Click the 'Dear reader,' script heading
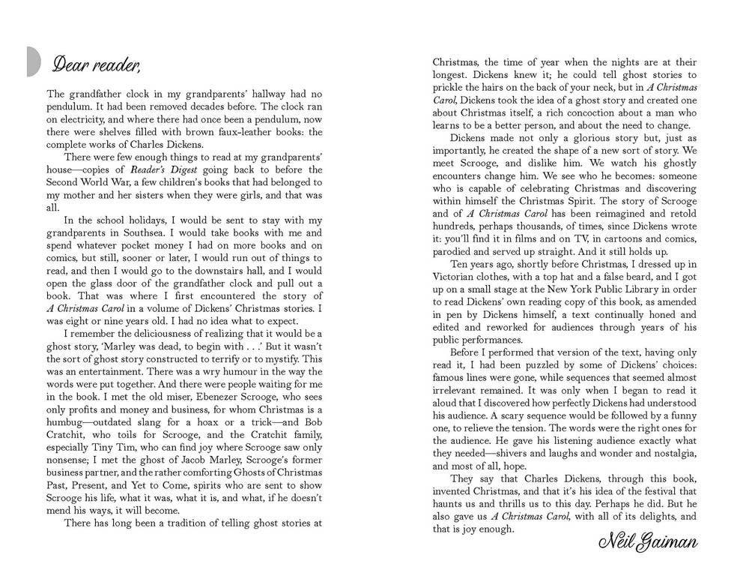coord(96,65)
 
